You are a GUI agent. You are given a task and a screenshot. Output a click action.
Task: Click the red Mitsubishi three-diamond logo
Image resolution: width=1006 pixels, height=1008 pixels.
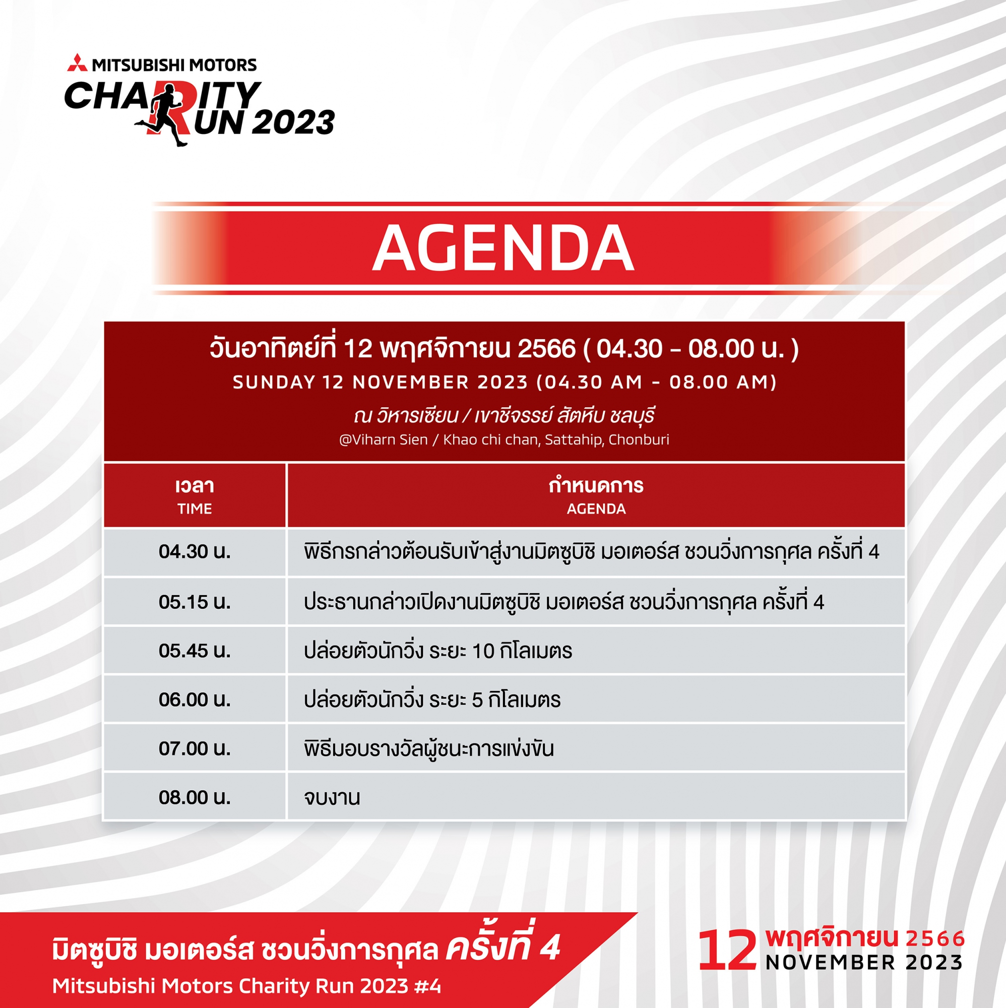(77, 62)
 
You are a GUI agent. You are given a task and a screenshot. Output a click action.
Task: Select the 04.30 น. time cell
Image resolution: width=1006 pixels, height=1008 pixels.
(195, 552)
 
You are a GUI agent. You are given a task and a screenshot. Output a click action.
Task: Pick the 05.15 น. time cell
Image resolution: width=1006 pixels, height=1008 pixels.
(195, 602)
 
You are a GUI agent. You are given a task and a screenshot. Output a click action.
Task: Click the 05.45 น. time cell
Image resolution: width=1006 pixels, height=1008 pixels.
(195, 651)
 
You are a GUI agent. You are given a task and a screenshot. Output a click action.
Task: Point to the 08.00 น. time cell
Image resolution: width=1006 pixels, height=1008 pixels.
(195, 797)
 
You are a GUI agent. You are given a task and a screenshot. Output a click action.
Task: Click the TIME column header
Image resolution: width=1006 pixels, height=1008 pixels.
(195, 495)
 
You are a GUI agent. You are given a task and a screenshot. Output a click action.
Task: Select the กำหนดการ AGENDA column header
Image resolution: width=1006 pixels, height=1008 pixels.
(596, 495)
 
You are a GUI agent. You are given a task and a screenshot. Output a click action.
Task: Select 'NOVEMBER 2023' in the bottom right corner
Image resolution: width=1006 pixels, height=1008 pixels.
(864, 963)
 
